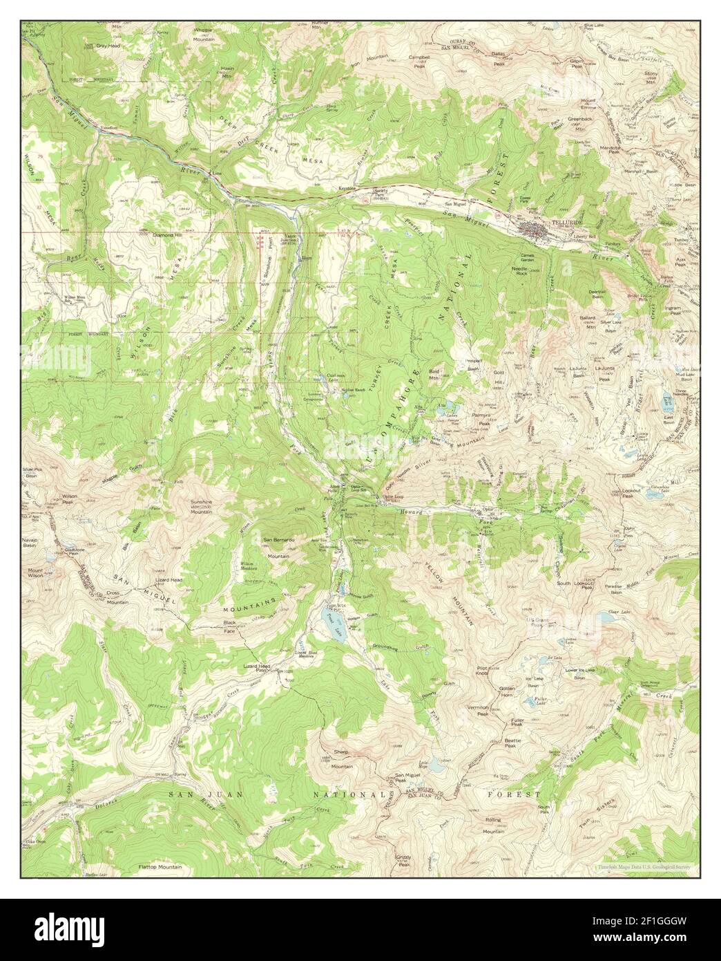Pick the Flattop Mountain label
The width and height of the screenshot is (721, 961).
[160, 866]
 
